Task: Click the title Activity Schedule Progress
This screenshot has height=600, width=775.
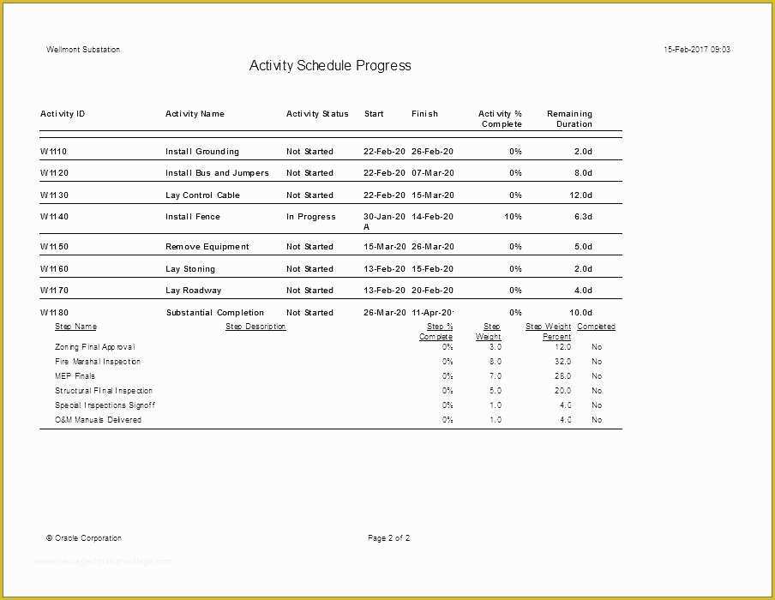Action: (330, 66)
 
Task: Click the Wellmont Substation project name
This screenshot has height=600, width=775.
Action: (83, 50)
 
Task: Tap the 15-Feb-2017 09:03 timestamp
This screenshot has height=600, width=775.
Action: (697, 50)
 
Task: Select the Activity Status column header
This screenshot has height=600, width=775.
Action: (317, 114)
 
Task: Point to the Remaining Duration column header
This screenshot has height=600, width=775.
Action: (569, 119)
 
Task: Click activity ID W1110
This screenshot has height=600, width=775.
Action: (54, 152)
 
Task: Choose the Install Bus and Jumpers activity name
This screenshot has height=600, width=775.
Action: (217, 173)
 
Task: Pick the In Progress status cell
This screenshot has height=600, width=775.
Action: (310, 217)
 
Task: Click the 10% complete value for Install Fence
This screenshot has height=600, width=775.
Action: (513, 217)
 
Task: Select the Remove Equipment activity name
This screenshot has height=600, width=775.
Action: (207, 247)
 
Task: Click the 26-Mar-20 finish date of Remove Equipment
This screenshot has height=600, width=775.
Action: (432, 247)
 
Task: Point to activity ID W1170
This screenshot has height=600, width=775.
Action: (54, 291)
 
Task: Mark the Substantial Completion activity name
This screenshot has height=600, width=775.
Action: (215, 313)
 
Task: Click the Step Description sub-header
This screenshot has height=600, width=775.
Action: (255, 327)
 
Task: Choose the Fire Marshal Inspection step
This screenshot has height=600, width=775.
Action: (98, 362)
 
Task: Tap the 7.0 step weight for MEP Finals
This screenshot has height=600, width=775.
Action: (495, 376)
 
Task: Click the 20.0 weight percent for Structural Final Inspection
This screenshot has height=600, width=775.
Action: (562, 391)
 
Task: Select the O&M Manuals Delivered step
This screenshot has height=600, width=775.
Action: (98, 420)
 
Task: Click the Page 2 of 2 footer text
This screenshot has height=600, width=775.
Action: (388, 538)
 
